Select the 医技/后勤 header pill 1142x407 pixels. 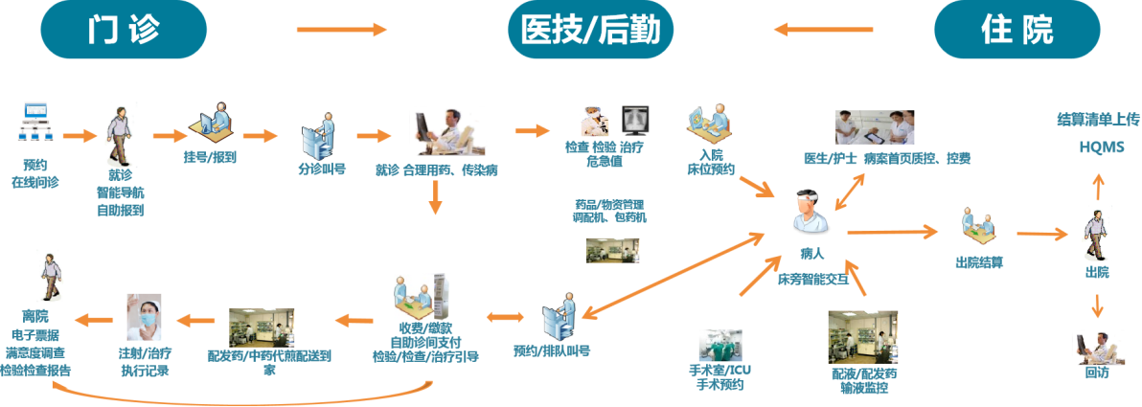point(589,31)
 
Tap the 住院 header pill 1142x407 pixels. point(1016,31)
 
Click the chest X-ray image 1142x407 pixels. point(636,120)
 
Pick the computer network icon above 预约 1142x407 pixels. point(36,123)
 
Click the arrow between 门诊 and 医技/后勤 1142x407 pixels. point(341,31)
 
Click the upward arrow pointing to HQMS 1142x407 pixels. point(1098,184)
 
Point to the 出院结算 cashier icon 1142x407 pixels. point(978,226)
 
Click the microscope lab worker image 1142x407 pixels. point(594,121)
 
